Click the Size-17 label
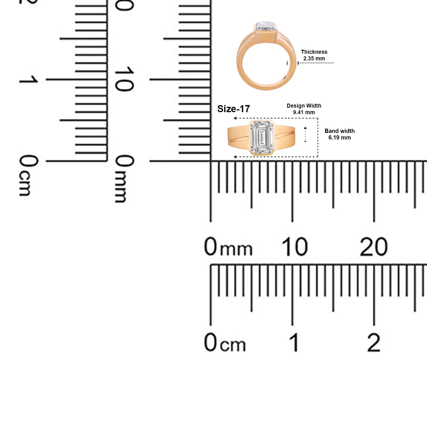tap(233, 109)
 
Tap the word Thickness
tap(314, 52)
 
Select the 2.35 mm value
tap(314, 58)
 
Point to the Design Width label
tap(304, 106)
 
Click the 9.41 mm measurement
tap(304, 112)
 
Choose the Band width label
tap(340, 131)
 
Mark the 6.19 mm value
tap(340, 137)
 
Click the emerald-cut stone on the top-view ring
tap(261, 137)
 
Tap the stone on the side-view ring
tap(266, 26)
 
